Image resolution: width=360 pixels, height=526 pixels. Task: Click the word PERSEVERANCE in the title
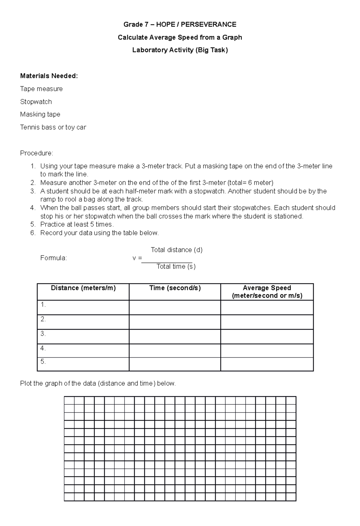(x=211, y=24)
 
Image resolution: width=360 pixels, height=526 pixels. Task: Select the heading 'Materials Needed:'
(x=49, y=76)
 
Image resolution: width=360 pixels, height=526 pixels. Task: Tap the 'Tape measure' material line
(x=41, y=89)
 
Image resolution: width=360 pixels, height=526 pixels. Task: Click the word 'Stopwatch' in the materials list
(x=36, y=102)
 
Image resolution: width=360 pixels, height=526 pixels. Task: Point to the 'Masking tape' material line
(x=40, y=114)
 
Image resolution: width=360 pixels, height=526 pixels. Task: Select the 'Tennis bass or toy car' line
(x=53, y=127)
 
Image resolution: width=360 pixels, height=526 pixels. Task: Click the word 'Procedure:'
(x=37, y=153)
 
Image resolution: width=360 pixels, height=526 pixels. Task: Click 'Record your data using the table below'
(x=99, y=233)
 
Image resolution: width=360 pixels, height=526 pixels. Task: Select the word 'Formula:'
(x=54, y=258)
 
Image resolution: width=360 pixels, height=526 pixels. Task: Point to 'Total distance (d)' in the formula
(x=176, y=250)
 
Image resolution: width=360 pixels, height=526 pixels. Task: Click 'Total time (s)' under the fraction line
(x=176, y=266)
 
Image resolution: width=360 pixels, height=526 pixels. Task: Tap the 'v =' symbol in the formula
(x=137, y=258)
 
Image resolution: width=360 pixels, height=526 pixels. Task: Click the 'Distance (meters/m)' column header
(x=83, y=288)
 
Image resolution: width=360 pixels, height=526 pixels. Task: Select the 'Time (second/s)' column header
(x=175, y=288)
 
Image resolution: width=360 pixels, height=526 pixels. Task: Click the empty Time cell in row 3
(x=175, y=336)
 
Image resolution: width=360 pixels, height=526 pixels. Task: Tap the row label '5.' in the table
(x=43, y=362)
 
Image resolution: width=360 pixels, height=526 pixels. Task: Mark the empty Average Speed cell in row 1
(x=267, y=308)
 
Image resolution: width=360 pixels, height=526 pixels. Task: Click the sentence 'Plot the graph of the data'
(x=98, y=383)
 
